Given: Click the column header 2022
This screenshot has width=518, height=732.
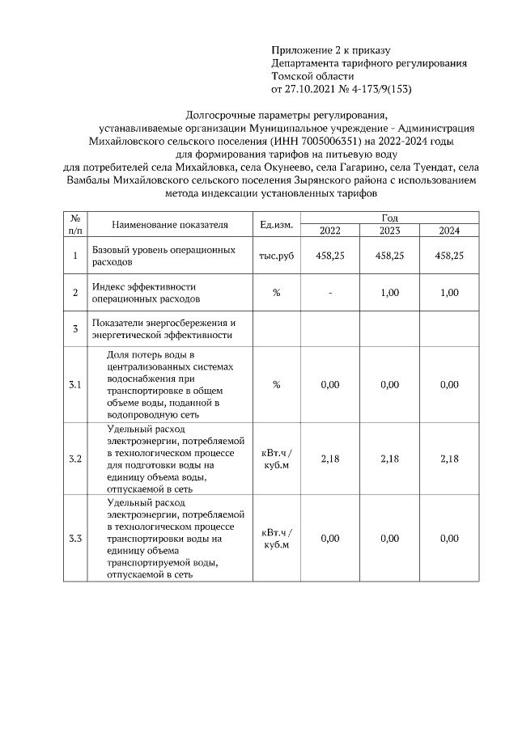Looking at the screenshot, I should (329, 231).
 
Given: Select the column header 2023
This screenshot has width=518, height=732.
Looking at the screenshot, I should (389, 231).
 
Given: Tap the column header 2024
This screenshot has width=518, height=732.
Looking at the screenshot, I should (449, 231).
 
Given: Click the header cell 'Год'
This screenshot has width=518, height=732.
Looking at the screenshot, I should (389, 218).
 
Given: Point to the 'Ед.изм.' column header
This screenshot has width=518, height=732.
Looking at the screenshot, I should (276, 224).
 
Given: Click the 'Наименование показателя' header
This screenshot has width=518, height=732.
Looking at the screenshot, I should (170, 224).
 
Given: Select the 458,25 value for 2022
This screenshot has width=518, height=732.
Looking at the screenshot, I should (329, 256).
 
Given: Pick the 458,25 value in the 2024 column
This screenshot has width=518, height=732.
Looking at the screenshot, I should (449, 256).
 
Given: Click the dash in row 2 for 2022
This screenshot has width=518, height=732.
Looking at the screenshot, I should (329, 293).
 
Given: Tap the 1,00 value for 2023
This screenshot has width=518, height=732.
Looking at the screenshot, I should (389, 293).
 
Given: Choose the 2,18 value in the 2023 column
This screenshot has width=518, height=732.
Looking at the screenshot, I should (389, 459).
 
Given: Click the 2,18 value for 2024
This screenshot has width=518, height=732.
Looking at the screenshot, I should (449, 459).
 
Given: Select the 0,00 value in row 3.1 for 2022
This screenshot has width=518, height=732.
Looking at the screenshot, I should (329, 385).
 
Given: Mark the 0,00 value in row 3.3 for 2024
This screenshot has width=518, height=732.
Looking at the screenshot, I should (449, 538).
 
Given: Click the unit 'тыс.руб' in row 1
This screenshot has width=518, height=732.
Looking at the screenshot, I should (276, 256).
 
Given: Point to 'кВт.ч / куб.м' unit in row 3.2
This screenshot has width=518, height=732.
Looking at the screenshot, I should (276, 459).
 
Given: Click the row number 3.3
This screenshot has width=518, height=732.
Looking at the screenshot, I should (74, 538).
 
